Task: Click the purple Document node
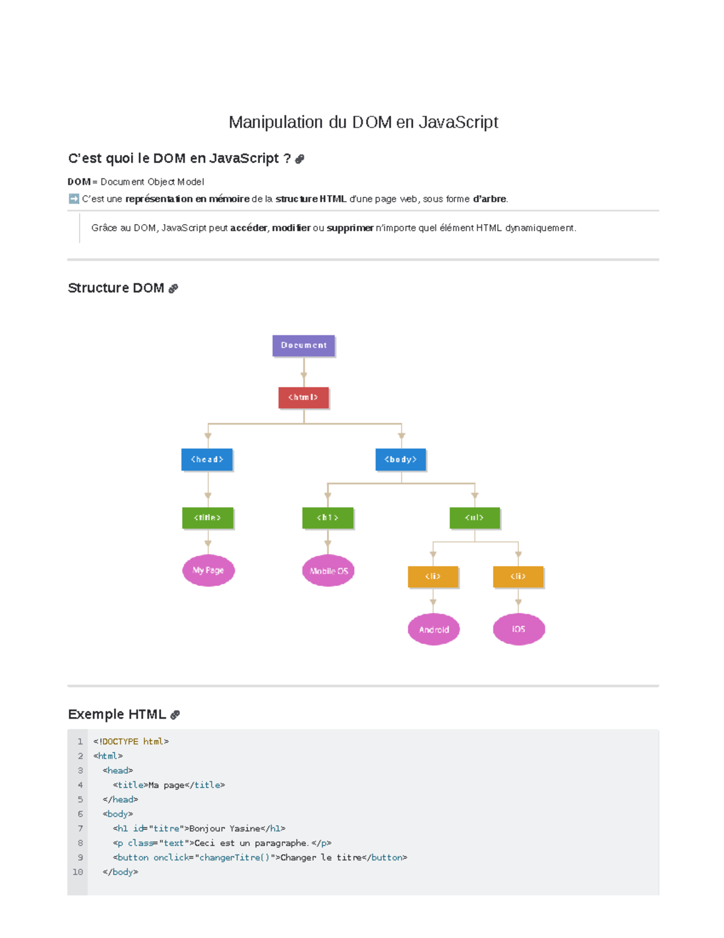[x=303, y=345]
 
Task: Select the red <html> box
[x=303, y=397]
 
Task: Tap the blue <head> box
[x=207, y=459]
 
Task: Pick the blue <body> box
[x=401, y=459]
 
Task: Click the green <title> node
[x=208, y=518]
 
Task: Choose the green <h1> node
[x=328, y=518]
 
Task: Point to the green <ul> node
[x=474, y=518]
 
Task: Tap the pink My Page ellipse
[x=208, y=570]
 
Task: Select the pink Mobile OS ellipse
[x=328, y=571]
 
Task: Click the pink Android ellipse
[x=433, y=629]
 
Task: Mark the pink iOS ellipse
[x=519, y=629]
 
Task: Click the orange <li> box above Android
[x=433, y=577]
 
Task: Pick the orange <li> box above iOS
[x=518, y=577]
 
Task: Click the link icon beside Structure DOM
[x=173, y=288]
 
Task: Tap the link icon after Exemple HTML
[x=174, y=715]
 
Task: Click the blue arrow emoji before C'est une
[x=74, y=199]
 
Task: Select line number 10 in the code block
[x=78, y=872]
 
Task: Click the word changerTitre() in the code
[x=235, y=857]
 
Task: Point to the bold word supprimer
[x=350, y=228]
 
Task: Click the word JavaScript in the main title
[x=459, y=122]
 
